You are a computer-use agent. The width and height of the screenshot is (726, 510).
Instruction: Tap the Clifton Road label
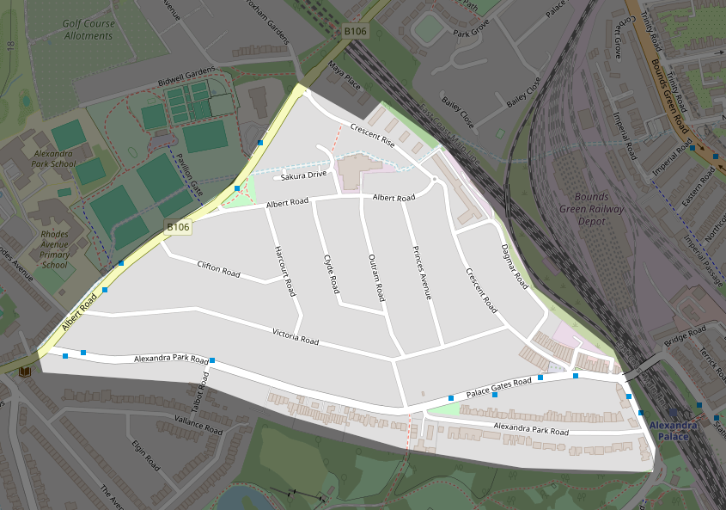coord(218,268)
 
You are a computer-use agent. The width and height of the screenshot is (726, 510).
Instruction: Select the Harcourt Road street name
coord(284,271)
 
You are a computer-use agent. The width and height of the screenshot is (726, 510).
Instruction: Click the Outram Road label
coord(375,276)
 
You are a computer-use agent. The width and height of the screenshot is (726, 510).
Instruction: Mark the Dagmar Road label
coord(513,265)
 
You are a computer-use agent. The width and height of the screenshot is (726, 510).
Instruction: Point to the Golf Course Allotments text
coord(88,30)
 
